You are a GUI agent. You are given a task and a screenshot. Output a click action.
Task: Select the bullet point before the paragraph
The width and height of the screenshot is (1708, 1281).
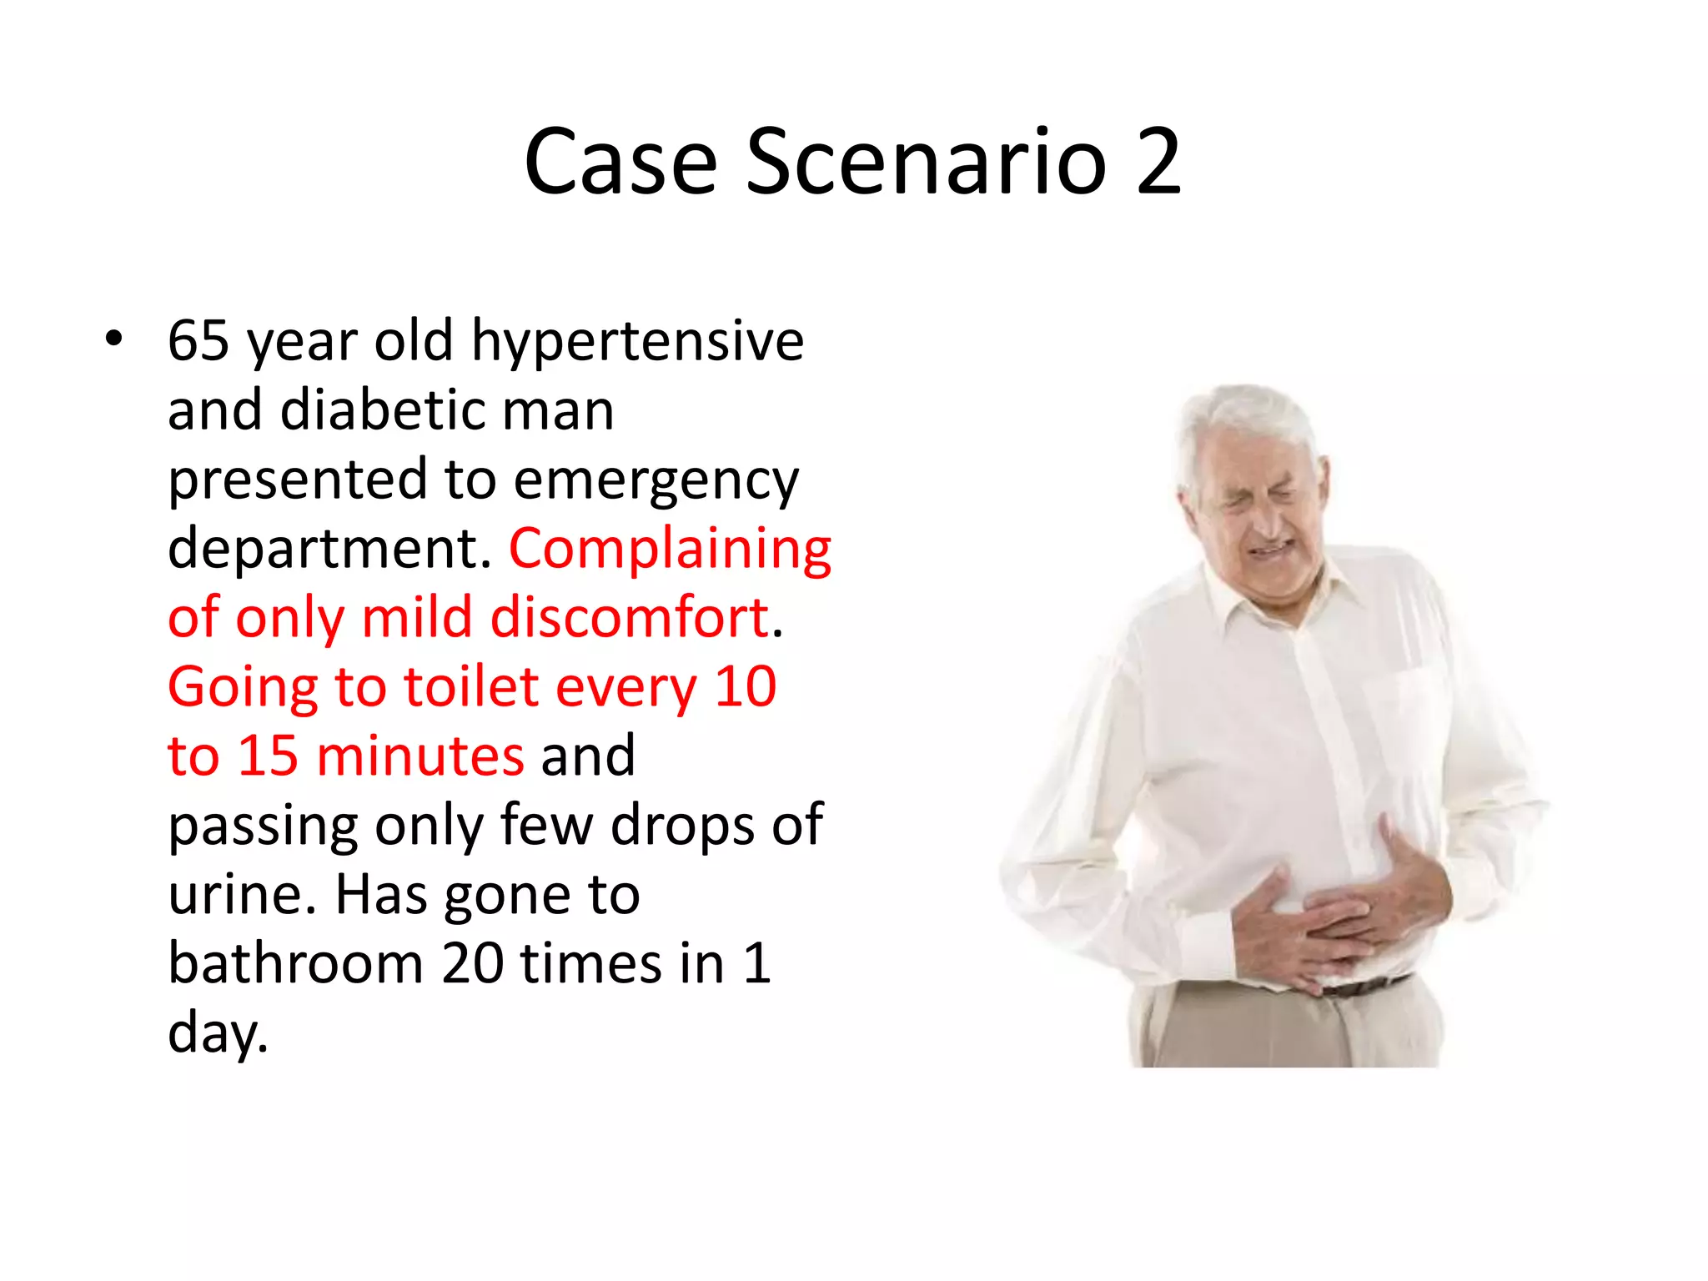[x=114, y=339]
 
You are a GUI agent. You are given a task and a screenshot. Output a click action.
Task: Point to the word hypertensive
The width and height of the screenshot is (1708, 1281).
[x=637, y=343]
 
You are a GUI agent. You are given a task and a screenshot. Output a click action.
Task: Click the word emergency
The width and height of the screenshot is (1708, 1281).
[x=656, y=481]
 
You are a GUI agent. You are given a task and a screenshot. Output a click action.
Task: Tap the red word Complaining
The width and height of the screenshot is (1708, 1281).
[x=670, y=550]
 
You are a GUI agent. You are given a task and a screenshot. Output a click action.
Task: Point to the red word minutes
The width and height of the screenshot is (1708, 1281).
[x=420, y=756]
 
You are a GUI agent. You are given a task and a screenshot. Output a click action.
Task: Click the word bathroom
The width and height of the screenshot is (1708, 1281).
[x=296, y=964]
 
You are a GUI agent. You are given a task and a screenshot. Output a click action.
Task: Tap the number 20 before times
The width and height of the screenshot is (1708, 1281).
[x=472, y=964]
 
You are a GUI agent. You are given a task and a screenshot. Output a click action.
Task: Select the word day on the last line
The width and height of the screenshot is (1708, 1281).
[x=215, y=1034]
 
